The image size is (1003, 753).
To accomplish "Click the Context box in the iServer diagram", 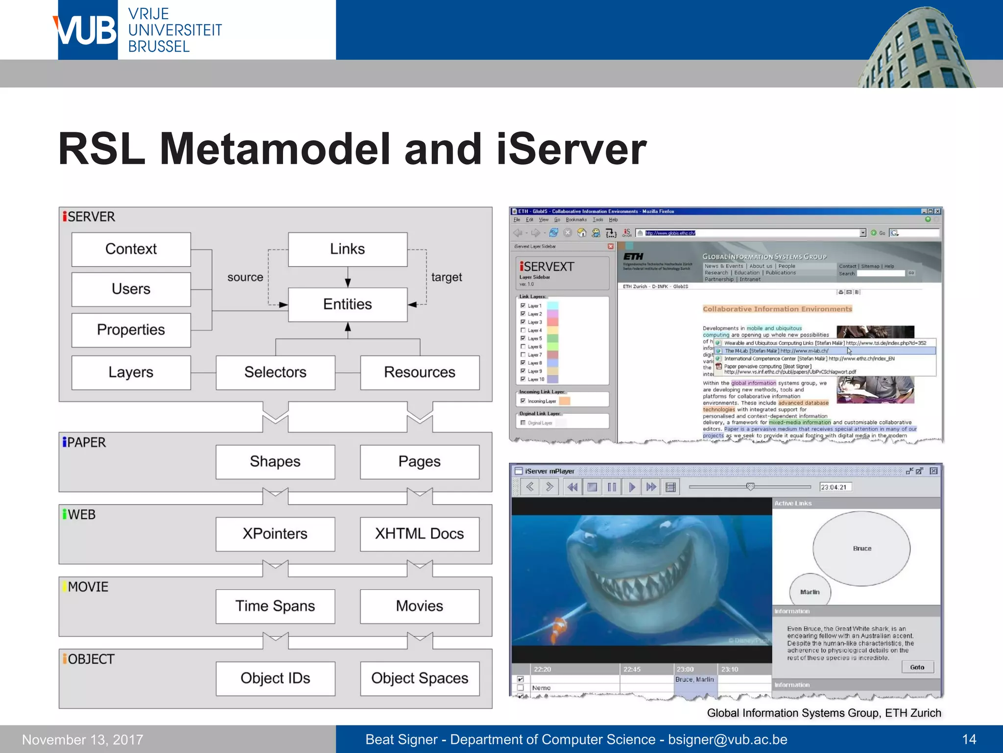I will pos(131,249).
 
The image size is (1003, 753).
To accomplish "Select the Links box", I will pos(347,249).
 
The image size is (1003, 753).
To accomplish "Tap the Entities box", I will pos(347,304).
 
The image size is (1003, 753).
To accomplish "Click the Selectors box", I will pos(275,373).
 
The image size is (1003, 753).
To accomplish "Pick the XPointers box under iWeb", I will pos(275,534).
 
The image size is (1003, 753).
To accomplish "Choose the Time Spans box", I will pos(275,606).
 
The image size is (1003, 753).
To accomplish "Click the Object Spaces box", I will pos(420,678).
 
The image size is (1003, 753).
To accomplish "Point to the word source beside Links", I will pos(245,277).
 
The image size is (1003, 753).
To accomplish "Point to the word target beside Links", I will pos(447,277).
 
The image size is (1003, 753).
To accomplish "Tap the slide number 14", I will pos(969,739).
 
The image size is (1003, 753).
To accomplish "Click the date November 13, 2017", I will pos(83,740).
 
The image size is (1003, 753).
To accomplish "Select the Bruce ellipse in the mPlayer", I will pos(861,549).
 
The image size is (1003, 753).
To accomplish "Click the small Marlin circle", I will pos(810,592).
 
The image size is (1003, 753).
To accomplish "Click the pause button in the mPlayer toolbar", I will pos(612,487).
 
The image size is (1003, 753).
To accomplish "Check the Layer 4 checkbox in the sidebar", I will pos(523,330).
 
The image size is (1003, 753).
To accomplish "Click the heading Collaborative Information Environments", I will pos(777,309).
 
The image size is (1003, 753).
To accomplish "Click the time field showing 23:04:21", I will pos(835,487).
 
